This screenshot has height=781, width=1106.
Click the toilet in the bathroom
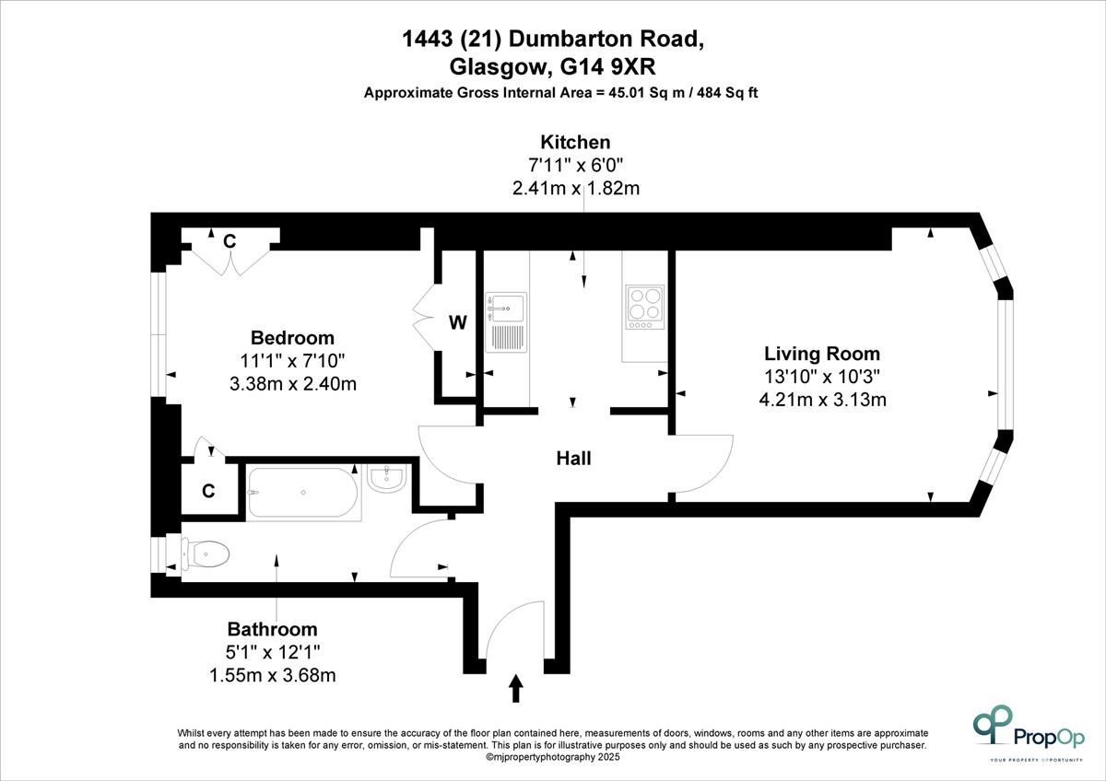[206, 554]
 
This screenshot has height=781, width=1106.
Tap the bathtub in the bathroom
[303, 492]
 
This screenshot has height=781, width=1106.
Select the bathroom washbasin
[388, 479]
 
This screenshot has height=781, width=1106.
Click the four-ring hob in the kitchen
[645, 307]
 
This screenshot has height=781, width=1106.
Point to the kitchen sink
[506, 322]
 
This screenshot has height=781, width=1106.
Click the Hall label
[573, 459]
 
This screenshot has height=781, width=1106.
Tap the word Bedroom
[292, 338]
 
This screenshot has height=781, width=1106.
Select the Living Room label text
[822, 354]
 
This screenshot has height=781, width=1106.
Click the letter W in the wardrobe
[458, 322]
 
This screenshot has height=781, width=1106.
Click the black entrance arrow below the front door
[516, 688]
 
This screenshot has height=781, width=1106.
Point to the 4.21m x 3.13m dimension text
[822, 400]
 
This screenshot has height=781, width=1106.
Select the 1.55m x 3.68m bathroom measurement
[273, 675]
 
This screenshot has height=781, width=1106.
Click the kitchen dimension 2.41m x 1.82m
[576, 189]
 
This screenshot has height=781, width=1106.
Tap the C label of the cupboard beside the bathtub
[208, 491]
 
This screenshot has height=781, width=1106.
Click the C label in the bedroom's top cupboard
[229, 241]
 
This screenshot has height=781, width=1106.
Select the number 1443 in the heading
[427, 39]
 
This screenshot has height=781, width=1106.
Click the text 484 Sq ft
[727, 93]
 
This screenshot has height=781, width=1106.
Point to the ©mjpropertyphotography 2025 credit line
[552, 757]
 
